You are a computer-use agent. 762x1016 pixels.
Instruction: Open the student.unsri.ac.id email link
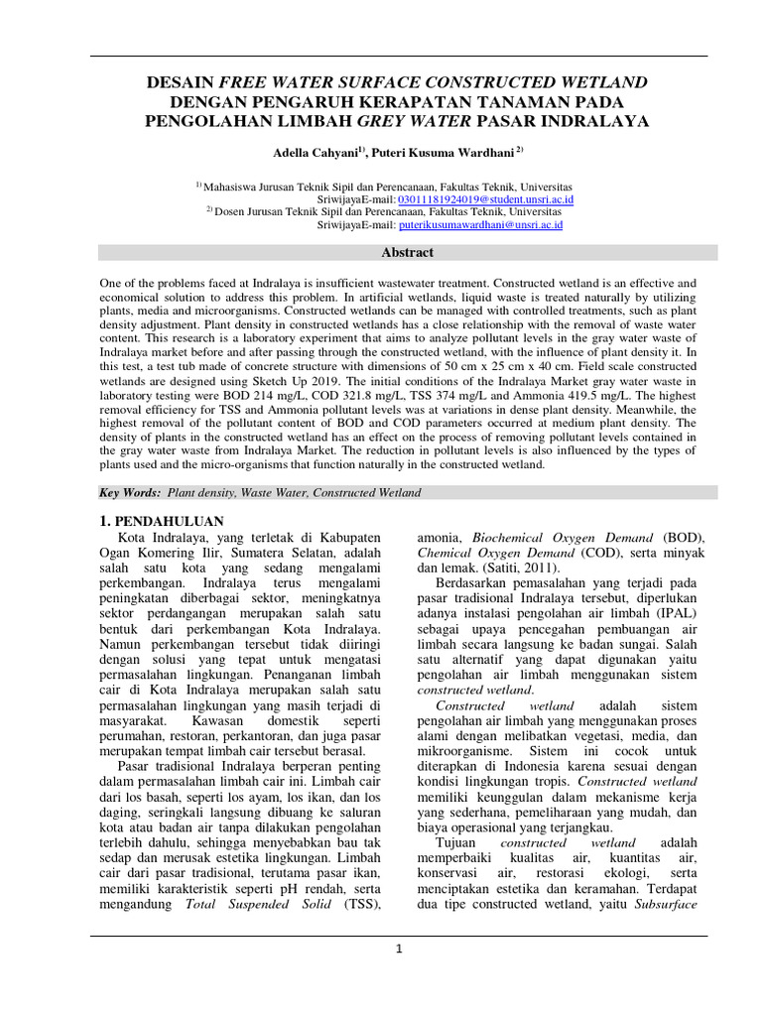(485, 198)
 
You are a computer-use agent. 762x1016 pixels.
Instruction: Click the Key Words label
(130, 492)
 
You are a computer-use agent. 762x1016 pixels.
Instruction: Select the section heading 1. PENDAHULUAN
(165, 521)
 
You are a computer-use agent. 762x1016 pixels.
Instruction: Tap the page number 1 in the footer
(398, 949)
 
